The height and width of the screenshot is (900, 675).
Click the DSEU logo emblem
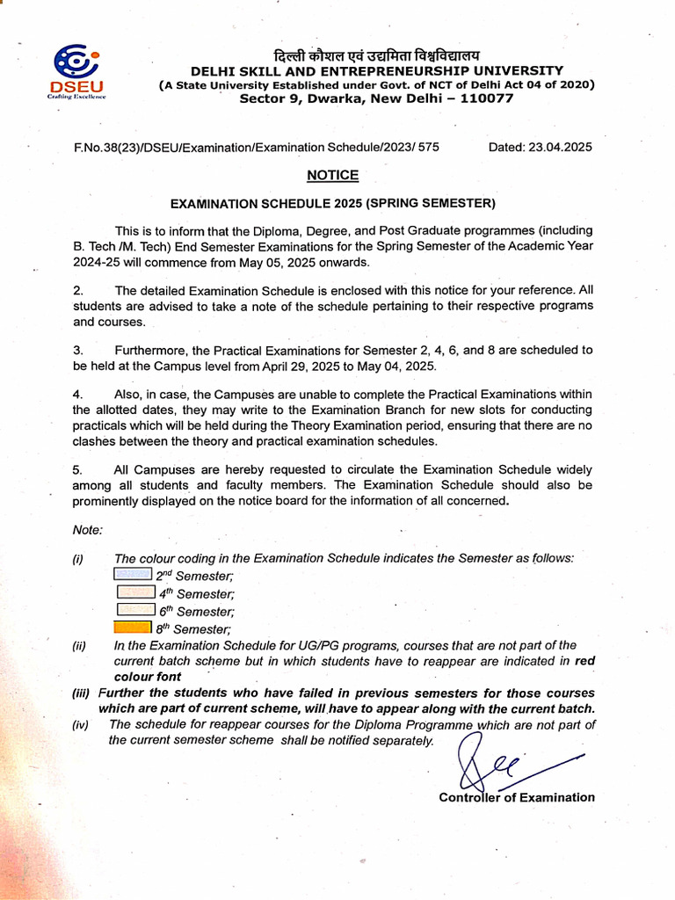click(x=76, y=63)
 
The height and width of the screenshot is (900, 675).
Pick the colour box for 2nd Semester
click(x=134, y=574)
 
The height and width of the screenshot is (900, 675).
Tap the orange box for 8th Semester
click(x=134, y=628)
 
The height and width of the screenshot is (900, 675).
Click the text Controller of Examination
click(x=517, y=797)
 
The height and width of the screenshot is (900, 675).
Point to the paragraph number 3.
click(x=77, y=350)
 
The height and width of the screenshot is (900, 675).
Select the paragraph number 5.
click(x=77, y=470)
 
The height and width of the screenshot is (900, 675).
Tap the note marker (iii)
click(x=81, y=693)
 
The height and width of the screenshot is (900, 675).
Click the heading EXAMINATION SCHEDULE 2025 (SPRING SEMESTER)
click(x=333, y=204)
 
